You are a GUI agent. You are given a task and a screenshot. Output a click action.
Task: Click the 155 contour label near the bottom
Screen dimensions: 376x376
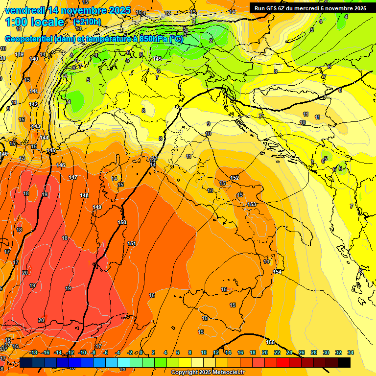[270, 342]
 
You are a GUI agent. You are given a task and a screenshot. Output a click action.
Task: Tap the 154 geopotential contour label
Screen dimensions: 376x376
[278, 272]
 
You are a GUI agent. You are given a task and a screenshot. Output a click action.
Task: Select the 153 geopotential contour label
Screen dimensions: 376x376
[252, 204]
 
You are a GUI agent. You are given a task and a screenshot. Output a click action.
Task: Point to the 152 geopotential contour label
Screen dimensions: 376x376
[235, 178]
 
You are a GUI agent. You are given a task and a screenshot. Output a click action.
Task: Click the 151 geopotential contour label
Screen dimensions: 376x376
[132, 243]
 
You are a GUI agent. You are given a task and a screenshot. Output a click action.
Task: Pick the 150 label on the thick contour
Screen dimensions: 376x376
[122, 222]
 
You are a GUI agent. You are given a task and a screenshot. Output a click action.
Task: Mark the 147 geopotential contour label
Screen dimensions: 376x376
[73, 177]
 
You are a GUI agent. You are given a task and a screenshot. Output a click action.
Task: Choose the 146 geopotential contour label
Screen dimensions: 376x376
[61, 165]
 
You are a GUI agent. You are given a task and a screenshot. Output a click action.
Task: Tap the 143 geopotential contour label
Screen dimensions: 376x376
[36, 126]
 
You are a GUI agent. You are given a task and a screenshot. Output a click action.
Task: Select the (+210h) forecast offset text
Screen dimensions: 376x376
[87, 22]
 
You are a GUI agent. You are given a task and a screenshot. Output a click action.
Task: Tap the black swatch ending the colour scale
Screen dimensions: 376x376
[344, 362]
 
